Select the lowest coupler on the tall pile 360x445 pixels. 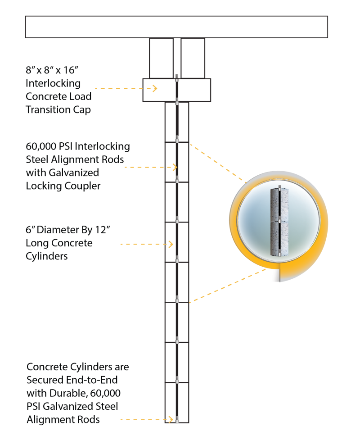point(181,419)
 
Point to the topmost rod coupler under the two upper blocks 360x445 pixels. point(178,77)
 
